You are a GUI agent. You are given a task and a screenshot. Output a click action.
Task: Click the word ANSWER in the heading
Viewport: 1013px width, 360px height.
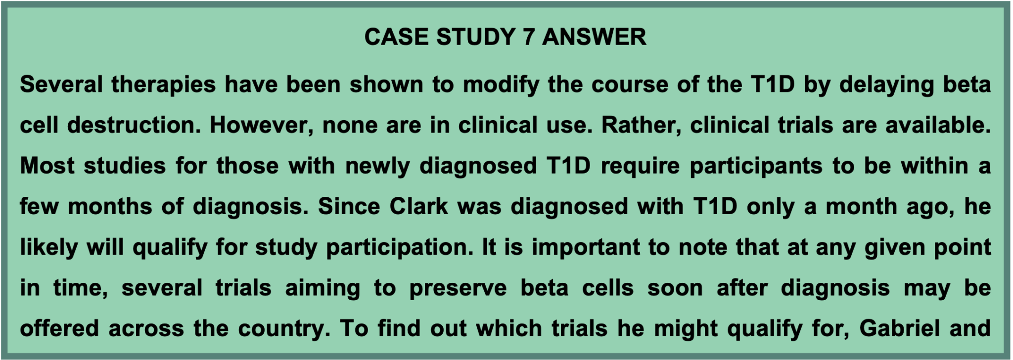pos(594,37)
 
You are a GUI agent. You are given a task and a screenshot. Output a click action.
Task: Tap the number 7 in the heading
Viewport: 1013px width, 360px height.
pos(528,37)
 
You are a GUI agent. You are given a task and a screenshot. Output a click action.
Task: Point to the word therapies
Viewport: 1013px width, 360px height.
pos(163,85)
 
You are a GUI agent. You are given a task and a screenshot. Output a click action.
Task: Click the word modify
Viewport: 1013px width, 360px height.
pos(501,85)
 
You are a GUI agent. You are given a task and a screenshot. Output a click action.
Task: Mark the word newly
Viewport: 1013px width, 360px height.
pos(377,166)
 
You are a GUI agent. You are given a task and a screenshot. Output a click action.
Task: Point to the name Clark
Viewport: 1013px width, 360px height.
pos(418,206)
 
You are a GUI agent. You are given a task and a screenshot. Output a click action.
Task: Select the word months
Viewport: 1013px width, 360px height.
pos(110,206)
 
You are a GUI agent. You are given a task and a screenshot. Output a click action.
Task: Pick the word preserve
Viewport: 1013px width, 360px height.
pos(458,288)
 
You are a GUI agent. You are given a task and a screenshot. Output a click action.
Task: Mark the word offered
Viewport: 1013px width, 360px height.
pos(59,329)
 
